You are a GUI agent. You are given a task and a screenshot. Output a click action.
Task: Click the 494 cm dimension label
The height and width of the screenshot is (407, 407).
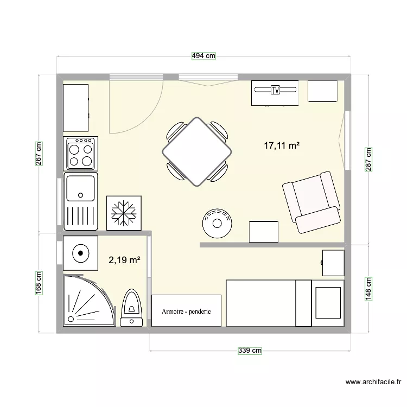click(203, 56)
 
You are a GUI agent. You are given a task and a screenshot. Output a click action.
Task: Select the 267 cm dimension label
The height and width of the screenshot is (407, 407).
click(39, 154)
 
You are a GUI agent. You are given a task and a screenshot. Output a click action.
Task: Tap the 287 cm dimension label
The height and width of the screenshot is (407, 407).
click(368, 159)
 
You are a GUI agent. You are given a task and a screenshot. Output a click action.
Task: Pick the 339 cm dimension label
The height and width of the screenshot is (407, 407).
click(250, 351)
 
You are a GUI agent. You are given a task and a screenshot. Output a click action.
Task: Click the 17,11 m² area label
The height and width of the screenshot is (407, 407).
click(282, 145)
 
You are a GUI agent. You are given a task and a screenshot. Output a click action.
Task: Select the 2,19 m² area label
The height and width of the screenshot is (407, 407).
click(125, 260)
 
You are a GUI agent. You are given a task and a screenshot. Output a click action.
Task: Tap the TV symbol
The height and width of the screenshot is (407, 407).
click(275, 90)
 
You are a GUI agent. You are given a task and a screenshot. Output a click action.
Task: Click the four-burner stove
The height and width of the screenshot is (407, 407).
click(80, 154)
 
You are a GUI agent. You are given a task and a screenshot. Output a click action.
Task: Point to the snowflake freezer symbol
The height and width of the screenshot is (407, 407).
click(124, 211)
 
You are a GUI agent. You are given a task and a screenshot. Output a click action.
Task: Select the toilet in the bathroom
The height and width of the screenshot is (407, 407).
click(131, 308)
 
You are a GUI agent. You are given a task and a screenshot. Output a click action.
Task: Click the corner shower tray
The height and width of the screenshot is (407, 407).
click(87, 301)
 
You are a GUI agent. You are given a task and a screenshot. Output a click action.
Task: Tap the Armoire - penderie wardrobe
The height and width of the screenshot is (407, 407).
click(186, 311)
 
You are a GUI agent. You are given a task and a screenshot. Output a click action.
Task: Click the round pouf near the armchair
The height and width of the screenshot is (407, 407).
click(218, 222)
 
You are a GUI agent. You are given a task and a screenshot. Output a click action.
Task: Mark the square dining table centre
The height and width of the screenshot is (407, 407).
click(197, 151)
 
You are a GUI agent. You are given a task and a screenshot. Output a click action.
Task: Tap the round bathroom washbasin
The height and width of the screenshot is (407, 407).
click(80, 252)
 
